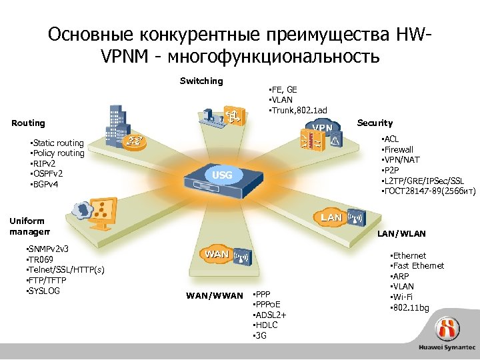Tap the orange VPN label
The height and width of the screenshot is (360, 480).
coord(323,127)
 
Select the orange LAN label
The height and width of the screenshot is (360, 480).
coord(331,217)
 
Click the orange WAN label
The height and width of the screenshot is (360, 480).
coord(217,254)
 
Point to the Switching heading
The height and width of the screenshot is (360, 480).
coord(201,81)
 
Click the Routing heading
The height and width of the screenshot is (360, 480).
coord(29,123)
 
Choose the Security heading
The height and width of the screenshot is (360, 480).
coord(375,123)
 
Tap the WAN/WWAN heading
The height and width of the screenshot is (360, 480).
coord(214,295)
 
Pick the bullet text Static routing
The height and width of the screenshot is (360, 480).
coord(56,143)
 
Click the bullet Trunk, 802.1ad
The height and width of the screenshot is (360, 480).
coord(297,110)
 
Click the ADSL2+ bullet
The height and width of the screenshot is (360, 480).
coord(271,314)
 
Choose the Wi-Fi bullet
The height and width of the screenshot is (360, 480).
coord(407,297)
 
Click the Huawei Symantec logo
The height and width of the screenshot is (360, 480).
coord(447,337)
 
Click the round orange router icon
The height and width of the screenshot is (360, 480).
coord(136,142)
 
